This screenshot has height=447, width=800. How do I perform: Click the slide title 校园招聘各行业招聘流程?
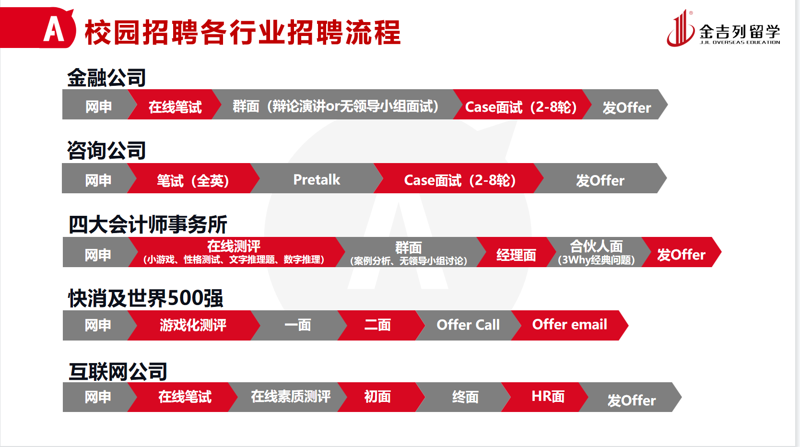pos(243,33)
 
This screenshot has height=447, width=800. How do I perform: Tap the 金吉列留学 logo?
pos(723,29)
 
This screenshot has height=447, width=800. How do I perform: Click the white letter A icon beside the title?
pos(54,29)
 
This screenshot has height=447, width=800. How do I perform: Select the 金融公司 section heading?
pos(106,78)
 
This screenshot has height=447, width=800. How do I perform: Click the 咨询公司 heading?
pos(106,150)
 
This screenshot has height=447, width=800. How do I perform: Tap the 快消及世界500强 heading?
pos(146,298)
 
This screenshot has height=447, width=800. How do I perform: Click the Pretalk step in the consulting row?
pos(317,179)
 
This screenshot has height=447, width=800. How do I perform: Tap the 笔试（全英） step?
pos(193,180)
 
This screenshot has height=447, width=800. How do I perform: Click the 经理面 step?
pos(516,255)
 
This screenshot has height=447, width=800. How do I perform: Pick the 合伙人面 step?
pos(596,252)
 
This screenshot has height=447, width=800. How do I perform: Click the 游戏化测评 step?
pos(193,325)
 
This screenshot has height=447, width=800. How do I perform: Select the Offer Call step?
pos(468,325)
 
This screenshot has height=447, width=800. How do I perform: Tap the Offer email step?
pos(570,325)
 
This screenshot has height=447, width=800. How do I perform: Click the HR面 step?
pos(548,396)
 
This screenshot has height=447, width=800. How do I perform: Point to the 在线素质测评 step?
pos(291,396)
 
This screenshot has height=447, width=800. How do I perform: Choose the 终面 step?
pos(465,397)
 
